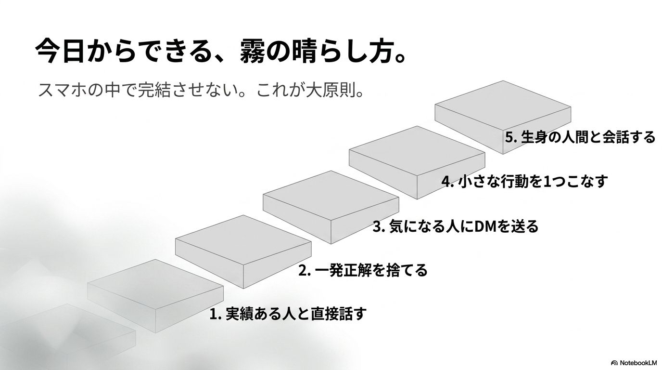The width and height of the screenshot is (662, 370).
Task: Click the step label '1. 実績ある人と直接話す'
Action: coord(288,314)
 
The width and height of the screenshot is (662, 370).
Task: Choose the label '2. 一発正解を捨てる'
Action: coord(363,270)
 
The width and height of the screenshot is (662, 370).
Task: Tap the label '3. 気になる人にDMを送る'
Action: coord(456,226)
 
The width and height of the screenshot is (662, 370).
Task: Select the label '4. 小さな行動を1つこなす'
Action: coord(525,181)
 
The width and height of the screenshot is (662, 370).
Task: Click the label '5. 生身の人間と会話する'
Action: coord(580,137)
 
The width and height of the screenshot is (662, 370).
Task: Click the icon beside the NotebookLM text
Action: coord(614,363)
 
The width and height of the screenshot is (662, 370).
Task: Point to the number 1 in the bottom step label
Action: coord(213,314)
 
